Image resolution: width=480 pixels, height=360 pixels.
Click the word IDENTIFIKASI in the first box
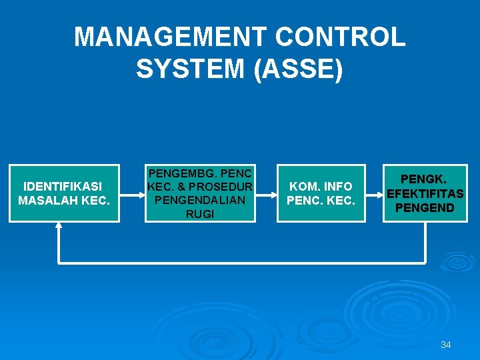pos(63,186)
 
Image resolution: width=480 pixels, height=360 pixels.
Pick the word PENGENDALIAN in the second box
pos(199,200)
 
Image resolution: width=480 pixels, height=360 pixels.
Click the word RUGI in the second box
pos(200,214)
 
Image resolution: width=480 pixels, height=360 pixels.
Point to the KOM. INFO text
pos(321,186)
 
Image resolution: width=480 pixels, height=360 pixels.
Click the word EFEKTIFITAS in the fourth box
pos(425,193)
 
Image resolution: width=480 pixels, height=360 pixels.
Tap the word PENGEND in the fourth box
pos(425,207)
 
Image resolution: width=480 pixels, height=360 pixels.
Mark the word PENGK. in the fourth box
pos(425,179)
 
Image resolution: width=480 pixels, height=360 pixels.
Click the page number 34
pos(446,345)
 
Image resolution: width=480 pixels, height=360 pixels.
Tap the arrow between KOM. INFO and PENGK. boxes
pos(375,194)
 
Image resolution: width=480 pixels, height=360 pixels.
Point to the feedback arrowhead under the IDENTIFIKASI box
pos(59,226)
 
